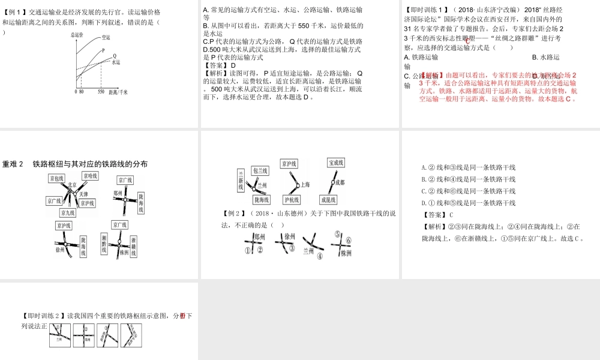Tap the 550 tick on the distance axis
100,92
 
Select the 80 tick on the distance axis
82,92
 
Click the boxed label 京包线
58,178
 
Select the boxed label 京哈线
91,176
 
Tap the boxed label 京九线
67,212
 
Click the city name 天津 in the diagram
83,194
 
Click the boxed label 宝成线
335,163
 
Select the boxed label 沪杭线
292,199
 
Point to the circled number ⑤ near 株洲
338,234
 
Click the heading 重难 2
13,164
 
